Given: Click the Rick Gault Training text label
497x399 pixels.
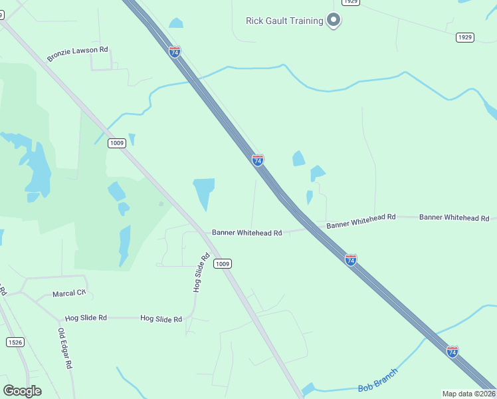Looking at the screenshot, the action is [284, 21].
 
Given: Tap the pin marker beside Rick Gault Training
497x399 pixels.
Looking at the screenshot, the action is [334, 21].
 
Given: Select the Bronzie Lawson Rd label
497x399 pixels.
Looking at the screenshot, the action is [77, 54].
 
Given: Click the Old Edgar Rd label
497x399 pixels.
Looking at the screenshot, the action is [64, 348].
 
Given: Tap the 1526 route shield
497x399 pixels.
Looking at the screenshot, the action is [15, 342].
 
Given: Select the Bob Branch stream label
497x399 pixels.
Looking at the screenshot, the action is [377, 380].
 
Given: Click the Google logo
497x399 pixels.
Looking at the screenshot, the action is [22, 391].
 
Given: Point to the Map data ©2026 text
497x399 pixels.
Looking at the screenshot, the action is [469, 394].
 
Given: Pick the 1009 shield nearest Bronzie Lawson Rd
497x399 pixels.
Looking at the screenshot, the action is [117, 143].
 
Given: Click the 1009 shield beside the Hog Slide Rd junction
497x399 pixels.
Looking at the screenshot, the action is [223, 264].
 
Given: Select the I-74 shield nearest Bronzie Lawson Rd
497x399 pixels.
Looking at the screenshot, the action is [174, 51].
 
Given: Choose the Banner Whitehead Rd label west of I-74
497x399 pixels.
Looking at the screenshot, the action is [247, 233].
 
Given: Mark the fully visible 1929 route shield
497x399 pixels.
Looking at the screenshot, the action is [465, 37].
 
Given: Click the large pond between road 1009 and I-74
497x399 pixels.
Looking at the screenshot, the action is [204, 193].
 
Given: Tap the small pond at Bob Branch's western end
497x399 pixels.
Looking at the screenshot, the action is [308, 389].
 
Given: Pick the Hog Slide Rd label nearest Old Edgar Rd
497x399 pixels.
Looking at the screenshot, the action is [86, 319].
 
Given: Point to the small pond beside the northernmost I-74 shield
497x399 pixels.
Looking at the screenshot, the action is [175, 23].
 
